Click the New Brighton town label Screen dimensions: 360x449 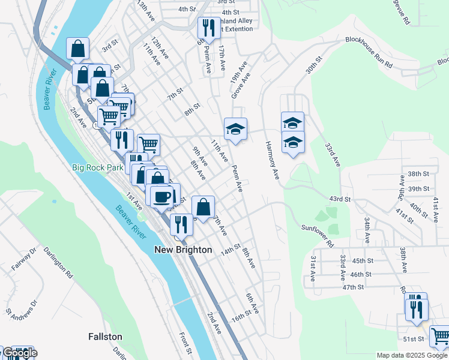183,250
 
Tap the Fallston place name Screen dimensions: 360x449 105,337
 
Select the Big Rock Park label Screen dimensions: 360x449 97,167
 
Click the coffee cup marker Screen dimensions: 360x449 160,196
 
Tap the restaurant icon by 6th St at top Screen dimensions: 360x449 206,27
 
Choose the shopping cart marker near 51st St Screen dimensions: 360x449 440,336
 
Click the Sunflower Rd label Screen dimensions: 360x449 317,236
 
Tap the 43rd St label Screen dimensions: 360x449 340,199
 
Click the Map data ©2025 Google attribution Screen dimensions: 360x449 412,355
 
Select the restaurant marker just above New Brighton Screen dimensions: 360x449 181,224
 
